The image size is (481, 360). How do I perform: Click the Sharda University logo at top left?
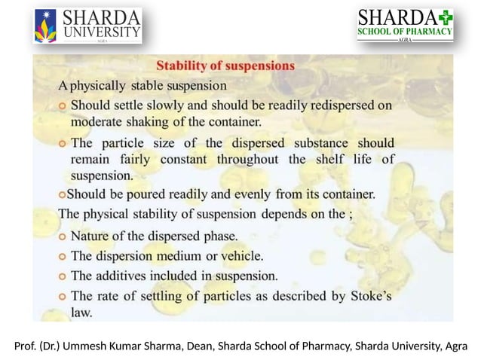(x=87, y=26)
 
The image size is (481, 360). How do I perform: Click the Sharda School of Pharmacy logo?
(x=404, y=26)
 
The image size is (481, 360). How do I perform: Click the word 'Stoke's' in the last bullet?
(x=371, y=294)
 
